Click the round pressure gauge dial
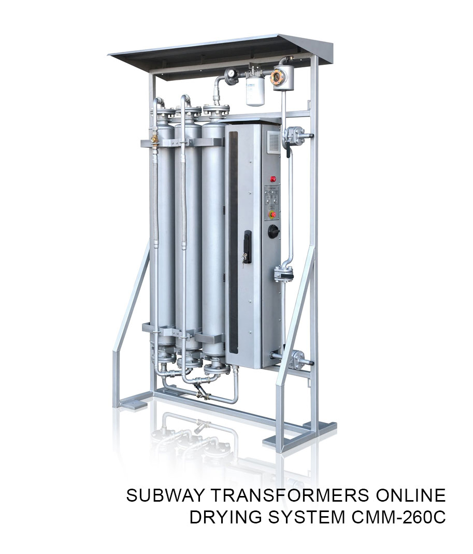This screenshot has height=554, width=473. (x=228, y=76)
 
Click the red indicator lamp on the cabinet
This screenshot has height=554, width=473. (x=273, y=179)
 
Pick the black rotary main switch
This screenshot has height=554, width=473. (x=274, y=231)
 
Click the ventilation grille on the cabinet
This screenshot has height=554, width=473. (x=273, y=140)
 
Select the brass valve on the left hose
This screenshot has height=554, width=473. (x=153, y=139)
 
